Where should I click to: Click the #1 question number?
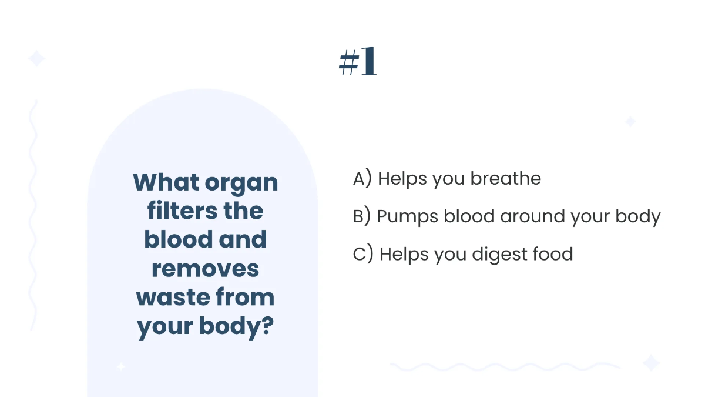pos(357,62)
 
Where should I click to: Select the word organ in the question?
pos(242,184)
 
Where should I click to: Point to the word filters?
pos(172,211)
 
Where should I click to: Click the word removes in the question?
pos(206,269)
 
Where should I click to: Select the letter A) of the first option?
pos(362,179)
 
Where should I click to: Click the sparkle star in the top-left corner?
pos(36,59)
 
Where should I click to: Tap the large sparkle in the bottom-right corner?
pos(651,362)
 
